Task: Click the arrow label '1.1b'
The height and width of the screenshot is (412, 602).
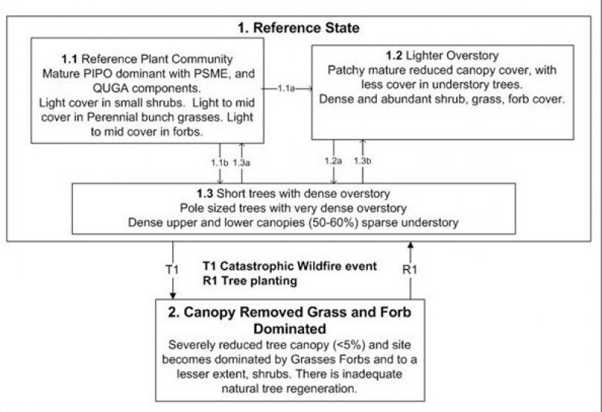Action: coord(220,161)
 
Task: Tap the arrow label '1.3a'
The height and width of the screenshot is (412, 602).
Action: coord(242,161)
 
